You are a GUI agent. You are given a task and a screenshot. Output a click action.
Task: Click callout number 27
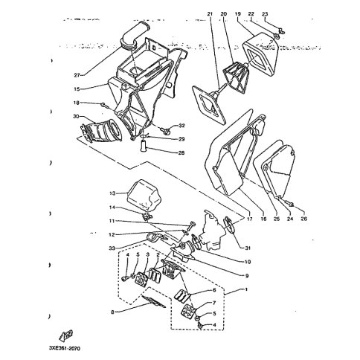coord(77,75)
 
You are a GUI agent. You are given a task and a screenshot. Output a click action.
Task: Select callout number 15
coord(77,89)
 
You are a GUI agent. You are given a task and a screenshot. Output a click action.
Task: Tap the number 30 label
coord(77,116)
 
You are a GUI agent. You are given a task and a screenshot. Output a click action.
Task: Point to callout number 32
coord(181,126)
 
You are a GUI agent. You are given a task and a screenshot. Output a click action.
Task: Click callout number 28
coord(181,152)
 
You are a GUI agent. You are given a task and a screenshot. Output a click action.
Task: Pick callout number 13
coord(112,193)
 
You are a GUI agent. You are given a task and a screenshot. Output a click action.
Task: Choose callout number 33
coord(112,248)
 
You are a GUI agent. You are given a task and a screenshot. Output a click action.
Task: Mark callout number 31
coord(247,248)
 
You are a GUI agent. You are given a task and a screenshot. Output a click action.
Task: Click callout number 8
coord(112,312)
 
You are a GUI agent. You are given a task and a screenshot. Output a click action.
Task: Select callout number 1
coord(246,289)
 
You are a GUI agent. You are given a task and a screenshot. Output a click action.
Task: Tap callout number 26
coord(303,219)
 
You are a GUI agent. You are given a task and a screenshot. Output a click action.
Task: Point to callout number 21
coord(210,14)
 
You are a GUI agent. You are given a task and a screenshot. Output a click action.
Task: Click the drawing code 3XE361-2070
coord(65,349)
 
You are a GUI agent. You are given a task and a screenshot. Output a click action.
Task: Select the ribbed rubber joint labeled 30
coord(102,130)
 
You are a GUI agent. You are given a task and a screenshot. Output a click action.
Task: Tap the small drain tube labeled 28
coord(144,147)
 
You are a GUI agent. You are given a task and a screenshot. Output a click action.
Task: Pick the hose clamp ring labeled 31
coord(230,225)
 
